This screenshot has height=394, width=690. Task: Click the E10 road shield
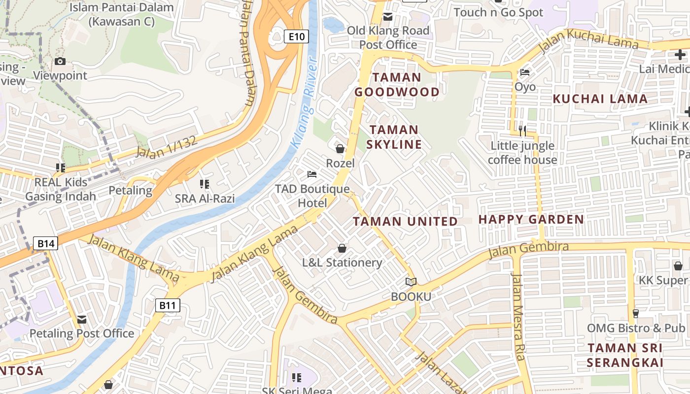point(297,36)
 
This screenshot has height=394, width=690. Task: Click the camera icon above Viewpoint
point(60,62)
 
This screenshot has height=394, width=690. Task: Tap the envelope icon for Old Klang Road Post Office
point(388,17)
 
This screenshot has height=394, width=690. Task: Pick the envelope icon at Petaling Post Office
point(82,320)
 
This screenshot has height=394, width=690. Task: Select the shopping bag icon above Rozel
point(340,148)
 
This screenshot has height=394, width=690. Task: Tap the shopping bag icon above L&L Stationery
point(342,248)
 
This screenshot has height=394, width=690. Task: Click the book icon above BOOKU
point(411,282)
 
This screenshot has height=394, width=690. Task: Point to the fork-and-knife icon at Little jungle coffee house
point(522,131)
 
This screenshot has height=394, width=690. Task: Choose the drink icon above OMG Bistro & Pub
point(636,314)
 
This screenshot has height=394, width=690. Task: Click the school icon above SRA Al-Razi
point(205,184)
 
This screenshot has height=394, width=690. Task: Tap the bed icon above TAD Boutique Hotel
point(312,174)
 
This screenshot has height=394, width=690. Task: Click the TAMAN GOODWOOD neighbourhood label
point(397,85)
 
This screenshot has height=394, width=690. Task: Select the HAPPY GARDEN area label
point(531,219)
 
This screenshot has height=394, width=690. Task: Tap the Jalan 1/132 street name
point(166,147)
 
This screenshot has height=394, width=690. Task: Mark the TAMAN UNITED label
point(406,222)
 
